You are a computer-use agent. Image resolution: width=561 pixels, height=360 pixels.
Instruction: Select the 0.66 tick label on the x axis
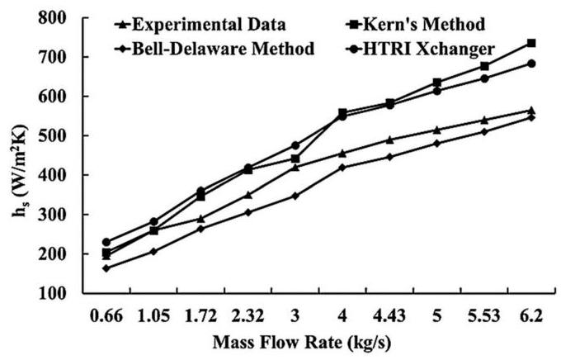point(106,315)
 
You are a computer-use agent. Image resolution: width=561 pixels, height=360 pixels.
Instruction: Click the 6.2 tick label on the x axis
point(531,315)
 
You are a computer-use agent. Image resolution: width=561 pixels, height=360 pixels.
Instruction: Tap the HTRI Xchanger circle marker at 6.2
point(531,64)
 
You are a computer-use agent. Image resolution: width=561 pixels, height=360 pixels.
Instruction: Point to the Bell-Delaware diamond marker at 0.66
point(106,268)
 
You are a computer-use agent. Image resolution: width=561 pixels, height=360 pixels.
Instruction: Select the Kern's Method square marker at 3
point(295,159)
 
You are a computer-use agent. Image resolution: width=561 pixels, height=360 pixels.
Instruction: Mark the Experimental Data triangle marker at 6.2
point(531,110)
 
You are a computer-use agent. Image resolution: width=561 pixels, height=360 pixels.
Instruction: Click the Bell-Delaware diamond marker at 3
point(295,196)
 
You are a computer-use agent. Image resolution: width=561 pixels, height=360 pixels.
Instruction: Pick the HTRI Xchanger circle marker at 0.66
point(106,242)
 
